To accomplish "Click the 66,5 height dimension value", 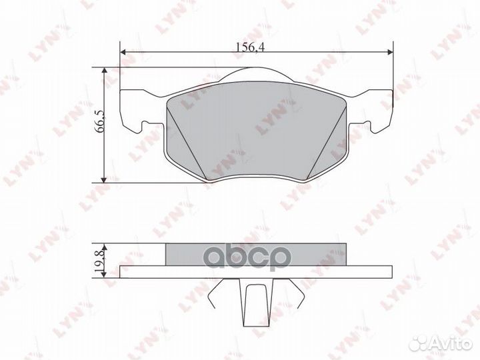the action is [101, 121].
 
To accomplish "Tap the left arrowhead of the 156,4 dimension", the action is [123, 53].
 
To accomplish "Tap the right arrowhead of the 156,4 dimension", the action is [390, 53].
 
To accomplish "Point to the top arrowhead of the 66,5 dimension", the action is [105, 71].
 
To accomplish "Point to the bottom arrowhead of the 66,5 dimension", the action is [105, 180].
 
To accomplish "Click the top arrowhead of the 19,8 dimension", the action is [105, 247].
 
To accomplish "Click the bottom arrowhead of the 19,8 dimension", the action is [105, 275].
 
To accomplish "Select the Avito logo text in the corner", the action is [451, 344].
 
